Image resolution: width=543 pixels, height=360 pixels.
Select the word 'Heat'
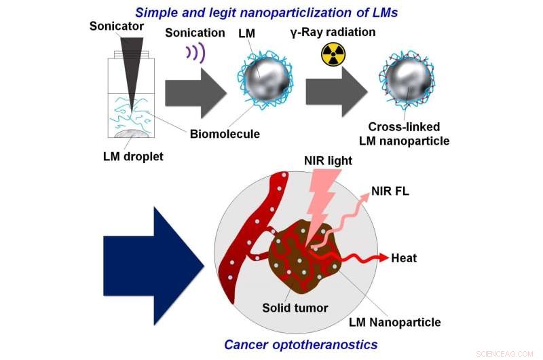pos(404,258)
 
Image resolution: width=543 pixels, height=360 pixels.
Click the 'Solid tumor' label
pos(295,308)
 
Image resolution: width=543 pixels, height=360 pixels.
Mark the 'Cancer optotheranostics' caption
pos(300,344)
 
